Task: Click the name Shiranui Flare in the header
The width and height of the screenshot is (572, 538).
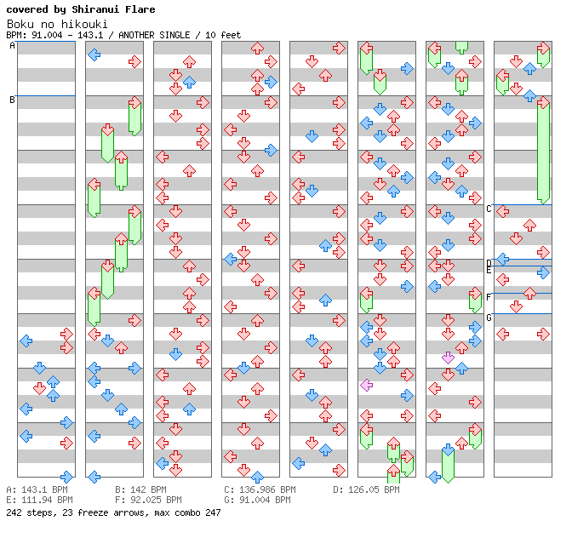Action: point(115,10)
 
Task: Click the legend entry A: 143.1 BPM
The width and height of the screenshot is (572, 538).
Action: point(37,490)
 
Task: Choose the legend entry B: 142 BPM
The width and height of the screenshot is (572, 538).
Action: point(140,490)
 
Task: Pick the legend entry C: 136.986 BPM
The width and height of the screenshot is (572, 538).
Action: point(260,490)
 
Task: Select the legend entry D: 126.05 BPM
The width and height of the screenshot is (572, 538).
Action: point(366,490)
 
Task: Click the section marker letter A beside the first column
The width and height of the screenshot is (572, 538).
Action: point(13,46)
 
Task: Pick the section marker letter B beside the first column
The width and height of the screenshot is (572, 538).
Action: point(13,100)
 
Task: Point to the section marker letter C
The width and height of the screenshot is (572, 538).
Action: point(489,209)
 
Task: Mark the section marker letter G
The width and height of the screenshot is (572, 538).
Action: point(489,318)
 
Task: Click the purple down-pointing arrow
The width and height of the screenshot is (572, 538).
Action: point(448,358)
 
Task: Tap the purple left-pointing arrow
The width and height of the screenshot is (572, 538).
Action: point(366,385)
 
